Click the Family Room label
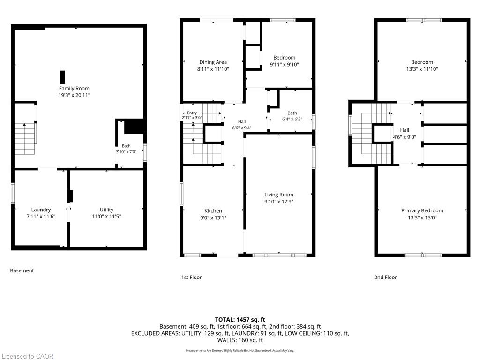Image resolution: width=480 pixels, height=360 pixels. click(x=74, y=89)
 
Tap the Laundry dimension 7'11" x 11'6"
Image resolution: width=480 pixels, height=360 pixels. click(x=41, y=217)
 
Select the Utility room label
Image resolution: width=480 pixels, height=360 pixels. click(x=106, y=210)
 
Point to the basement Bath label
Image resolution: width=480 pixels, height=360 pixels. click(x=126, y=146)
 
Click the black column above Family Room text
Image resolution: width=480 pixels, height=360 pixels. click(x=62, y=77)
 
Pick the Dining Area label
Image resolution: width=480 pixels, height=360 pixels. click(x=213, y=62)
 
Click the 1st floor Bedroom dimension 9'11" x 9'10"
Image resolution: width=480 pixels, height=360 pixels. click(x=285, y=65)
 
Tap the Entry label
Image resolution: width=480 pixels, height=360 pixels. click(x=192, y=113)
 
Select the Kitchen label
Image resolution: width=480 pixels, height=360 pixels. click(x=213, y=211)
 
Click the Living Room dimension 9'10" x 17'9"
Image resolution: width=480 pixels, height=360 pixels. click(x=278, y=202)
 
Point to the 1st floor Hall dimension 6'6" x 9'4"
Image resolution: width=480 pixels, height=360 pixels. click(x=242, y=127)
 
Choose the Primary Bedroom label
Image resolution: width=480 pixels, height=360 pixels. click(x=422, y=210)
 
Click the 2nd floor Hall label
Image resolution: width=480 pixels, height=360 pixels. click(x=405, y=130)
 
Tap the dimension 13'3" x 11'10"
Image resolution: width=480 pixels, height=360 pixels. click(x=422, y=69)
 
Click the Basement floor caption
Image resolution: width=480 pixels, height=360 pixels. click(x=22, y=270)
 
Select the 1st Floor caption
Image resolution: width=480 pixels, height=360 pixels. click(x=192, y=277)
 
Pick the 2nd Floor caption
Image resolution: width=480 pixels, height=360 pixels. click(x=385, y=277)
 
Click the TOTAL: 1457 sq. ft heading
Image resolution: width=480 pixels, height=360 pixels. click(x=240, y=320)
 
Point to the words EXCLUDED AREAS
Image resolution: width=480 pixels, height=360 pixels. click(x=155, y=333)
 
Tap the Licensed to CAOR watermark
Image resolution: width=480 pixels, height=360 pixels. click(x=28, y=356)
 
